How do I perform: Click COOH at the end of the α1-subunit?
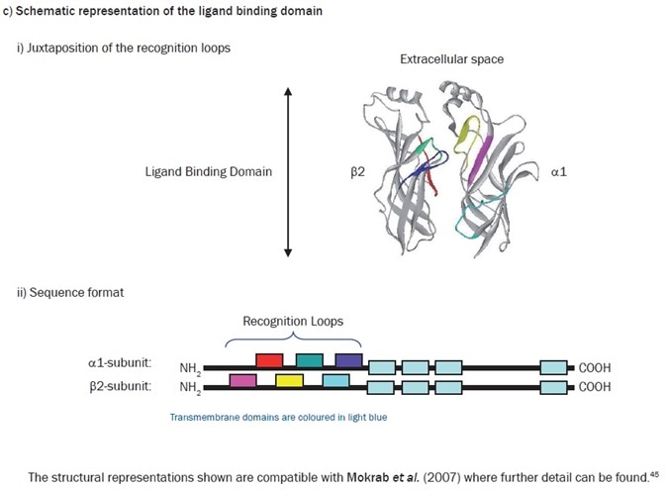[x=595, y=367]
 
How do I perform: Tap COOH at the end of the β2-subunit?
[x=595, y=386]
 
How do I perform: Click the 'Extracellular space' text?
[x=451, y=59]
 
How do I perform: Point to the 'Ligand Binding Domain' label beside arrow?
[x=208, y=171]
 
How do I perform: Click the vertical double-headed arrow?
[x=288, y=171]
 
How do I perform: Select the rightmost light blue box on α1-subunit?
[x=554, y=367]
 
